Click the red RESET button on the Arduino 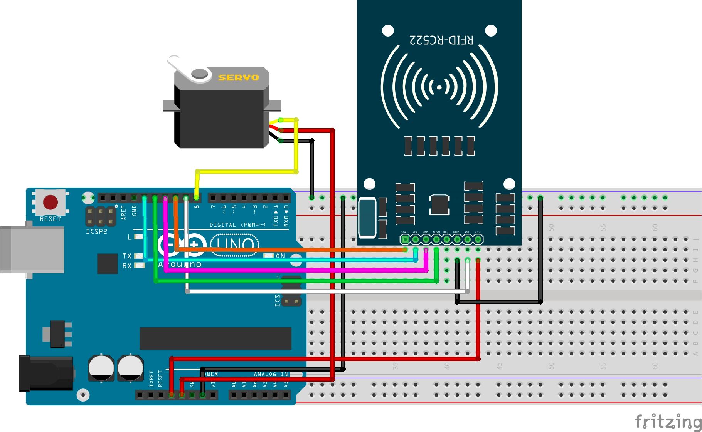click(x=51, y=202)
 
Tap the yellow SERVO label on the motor click(x=238, y=77)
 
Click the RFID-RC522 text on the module click(x=441, y=40)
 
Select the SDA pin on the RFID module click(x=405, y=239)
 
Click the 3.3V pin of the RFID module click(x=478, y=239)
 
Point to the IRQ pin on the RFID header click(x=446, y=239)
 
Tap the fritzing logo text click(x=668, y=422)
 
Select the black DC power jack click(x=46, y=373)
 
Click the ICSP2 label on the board click(x=96, y=231)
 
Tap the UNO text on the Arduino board click(x=235, y=244)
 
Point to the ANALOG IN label click(x=271, y=374)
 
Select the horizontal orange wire click(x=289, y=250)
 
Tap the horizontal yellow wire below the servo click(x=247, y=171)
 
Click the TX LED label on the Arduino click(x=127, y=256)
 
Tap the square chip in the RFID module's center click(x=439, y=205)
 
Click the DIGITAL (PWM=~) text click(x=237, y=224)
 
